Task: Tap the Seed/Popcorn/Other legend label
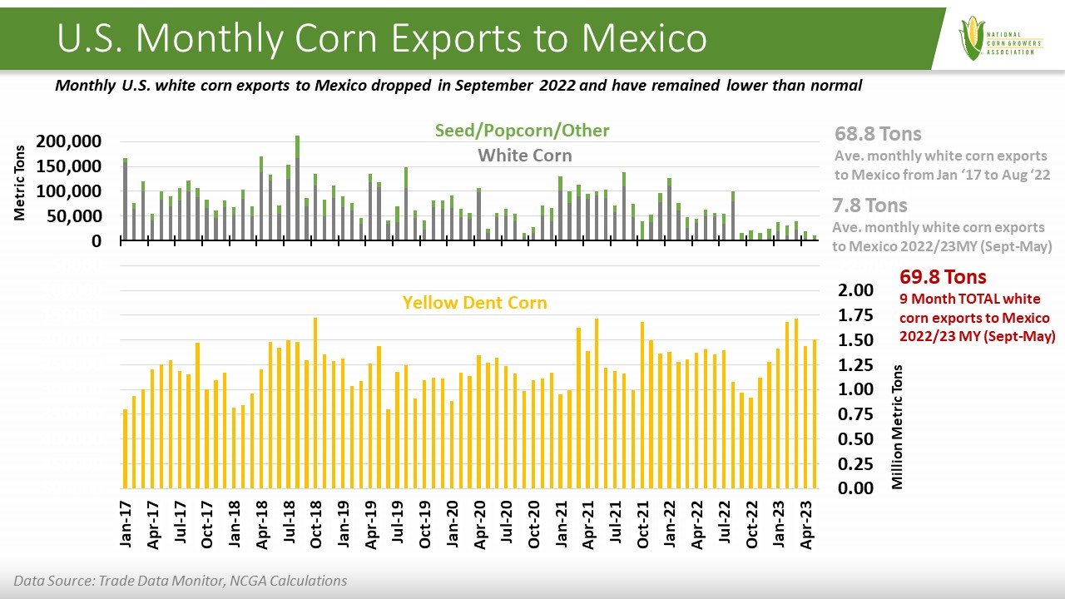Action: click(x=522, y=131)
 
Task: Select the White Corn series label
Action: click(x=524, y=156)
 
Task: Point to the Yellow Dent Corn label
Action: click(x=474, y=303)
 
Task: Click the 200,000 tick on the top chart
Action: click(x=69, y=141)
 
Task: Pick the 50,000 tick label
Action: click(x=75, y=216)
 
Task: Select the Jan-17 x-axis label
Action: click(x=126, y=525)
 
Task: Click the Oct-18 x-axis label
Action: click(x=316, y=525)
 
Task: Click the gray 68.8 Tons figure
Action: click(x=878, y=135)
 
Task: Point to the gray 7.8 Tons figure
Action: click(x=869, y=205)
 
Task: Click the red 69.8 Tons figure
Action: click(x=943, y=277)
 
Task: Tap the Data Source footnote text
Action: click(x=180, y=581)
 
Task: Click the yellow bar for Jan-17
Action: click(x=126, y=448)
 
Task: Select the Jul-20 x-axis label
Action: click(x=507, y=525)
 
